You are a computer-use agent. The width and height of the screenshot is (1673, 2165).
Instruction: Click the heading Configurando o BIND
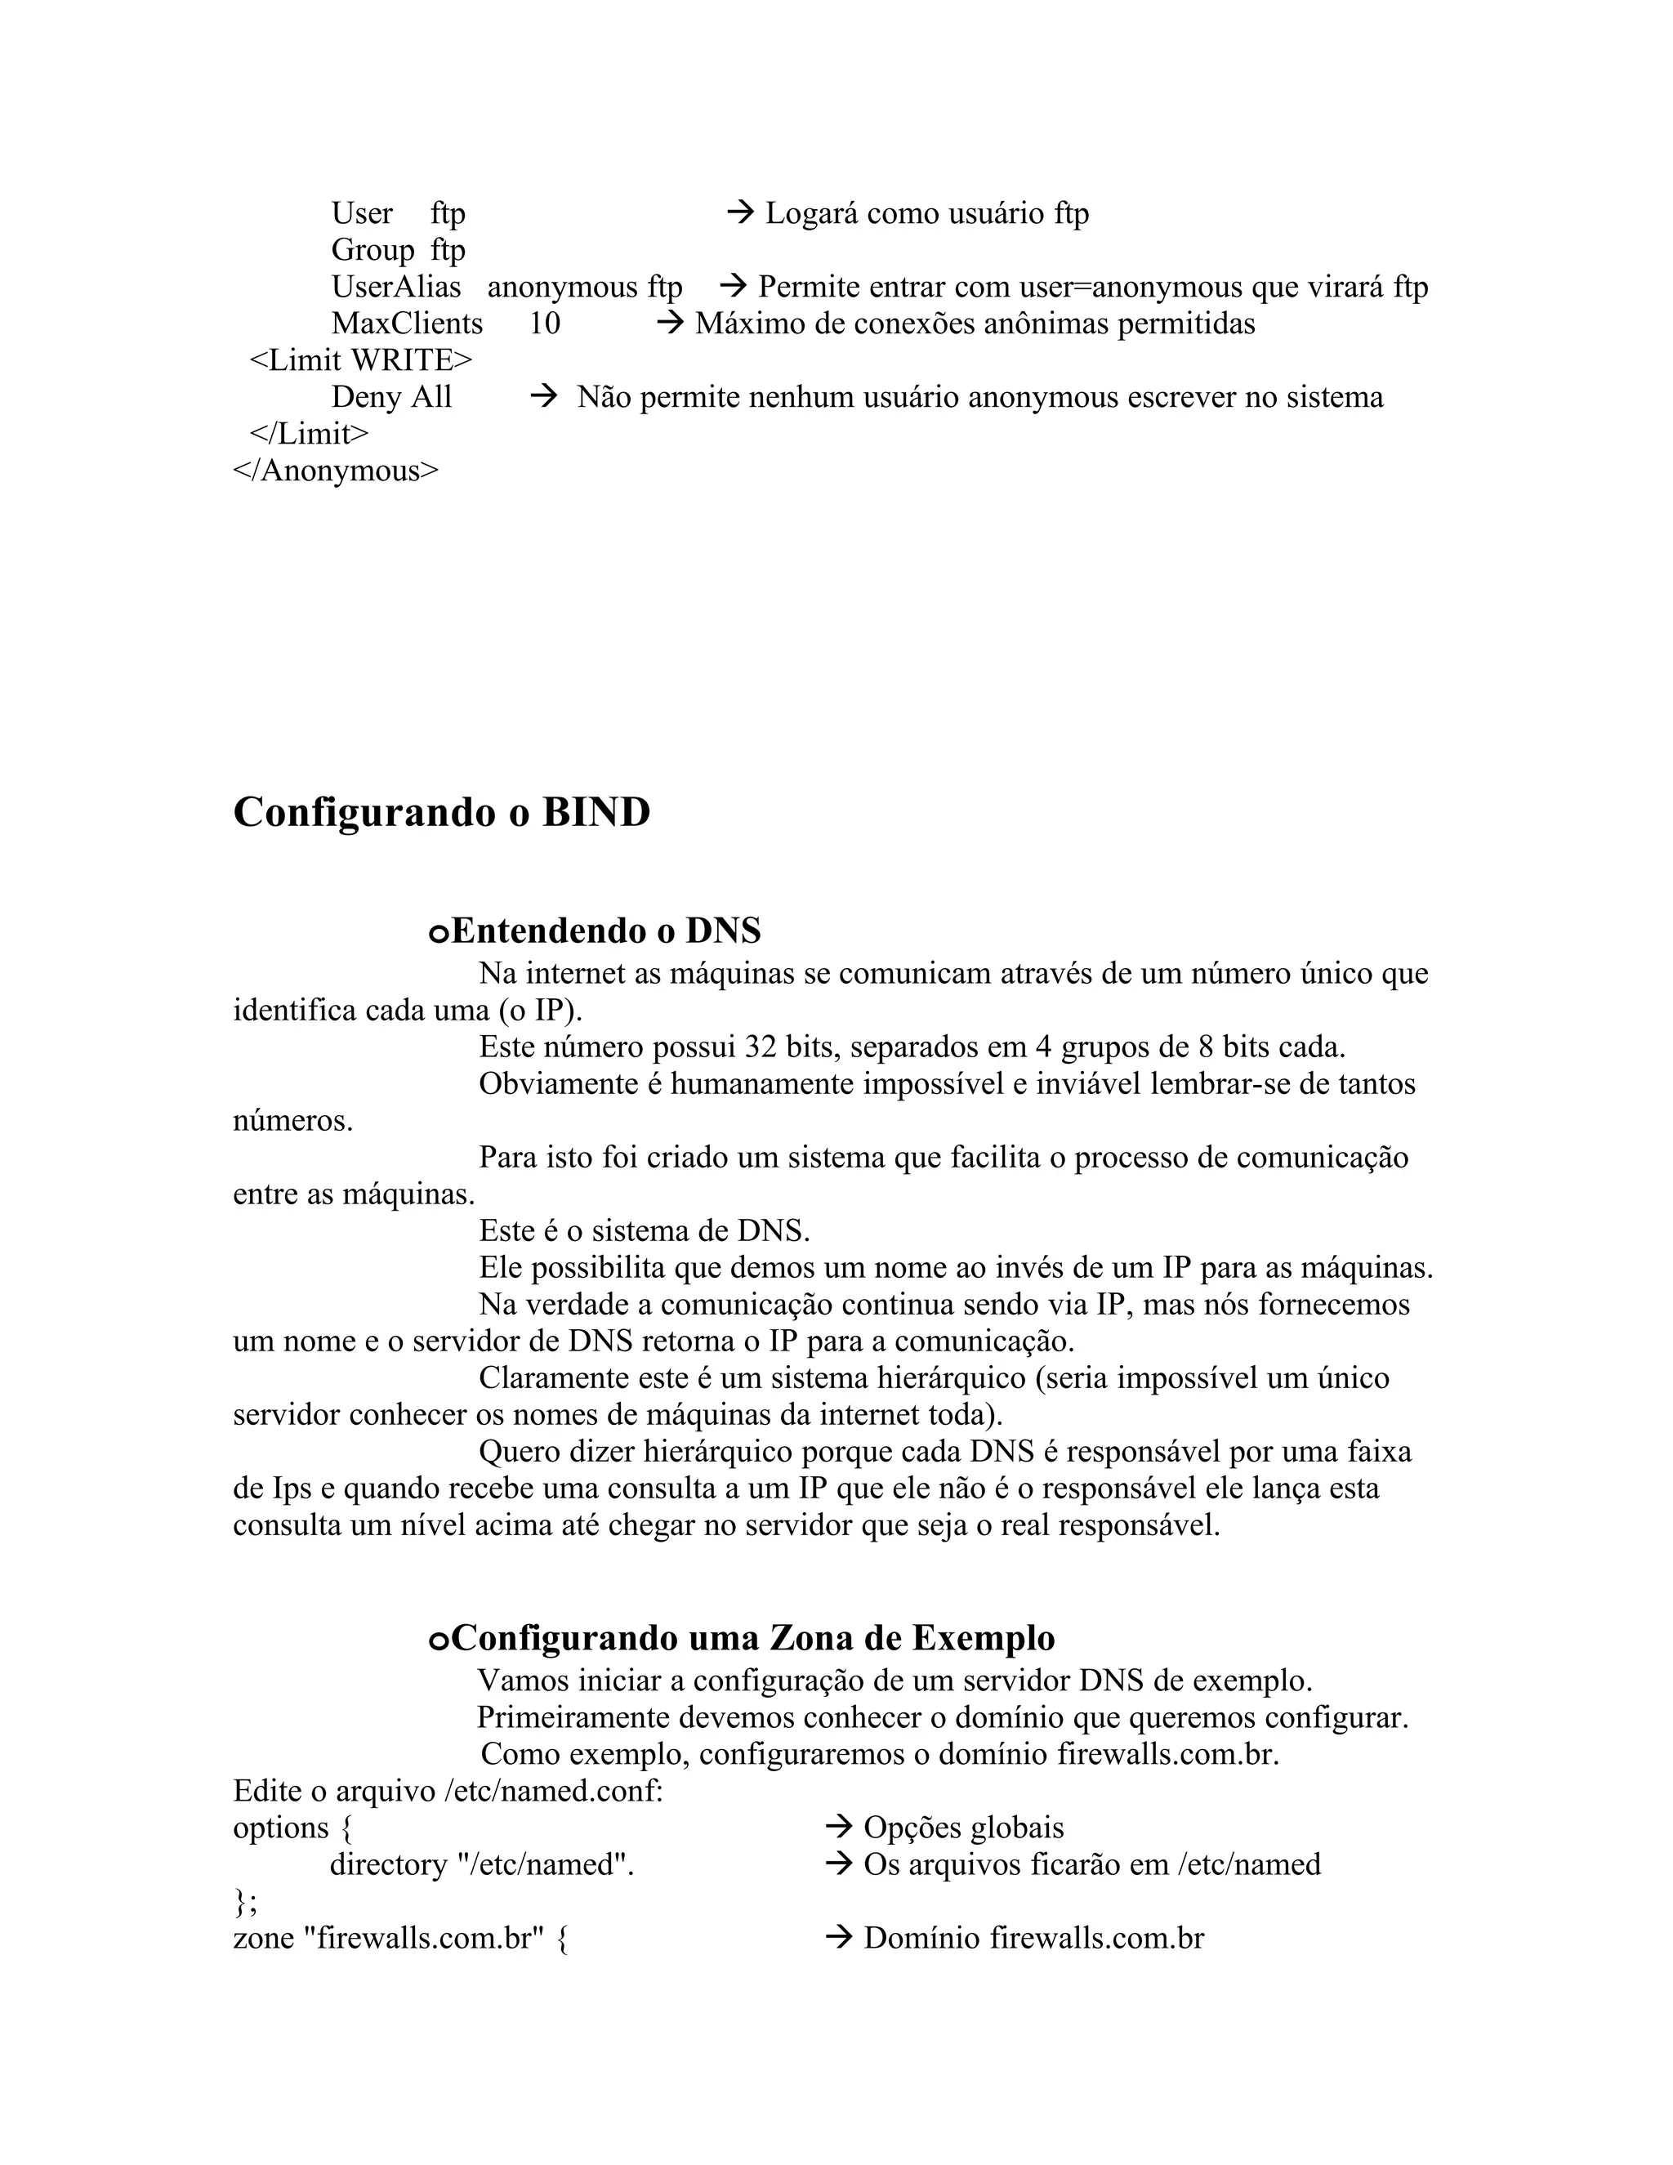[441, 813]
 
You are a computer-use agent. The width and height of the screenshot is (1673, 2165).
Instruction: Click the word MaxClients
[406, 324]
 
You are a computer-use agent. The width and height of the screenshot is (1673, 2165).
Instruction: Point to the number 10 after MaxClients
[544, 324]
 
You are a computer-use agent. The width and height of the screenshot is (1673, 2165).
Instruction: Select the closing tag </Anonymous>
[335, 471]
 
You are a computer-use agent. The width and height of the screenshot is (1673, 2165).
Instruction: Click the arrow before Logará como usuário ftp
[740, 212]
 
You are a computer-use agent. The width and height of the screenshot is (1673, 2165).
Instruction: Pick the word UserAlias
[395, 288]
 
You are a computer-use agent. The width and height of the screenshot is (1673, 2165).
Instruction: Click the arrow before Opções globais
[838, 1827]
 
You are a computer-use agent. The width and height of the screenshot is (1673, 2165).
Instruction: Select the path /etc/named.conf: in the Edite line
[553, 1792]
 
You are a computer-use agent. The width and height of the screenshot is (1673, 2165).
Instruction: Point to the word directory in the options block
[389, 1864]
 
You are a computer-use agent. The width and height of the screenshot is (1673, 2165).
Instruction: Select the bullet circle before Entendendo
[438, 934]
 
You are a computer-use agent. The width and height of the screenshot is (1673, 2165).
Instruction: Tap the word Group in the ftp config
[372, 251]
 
